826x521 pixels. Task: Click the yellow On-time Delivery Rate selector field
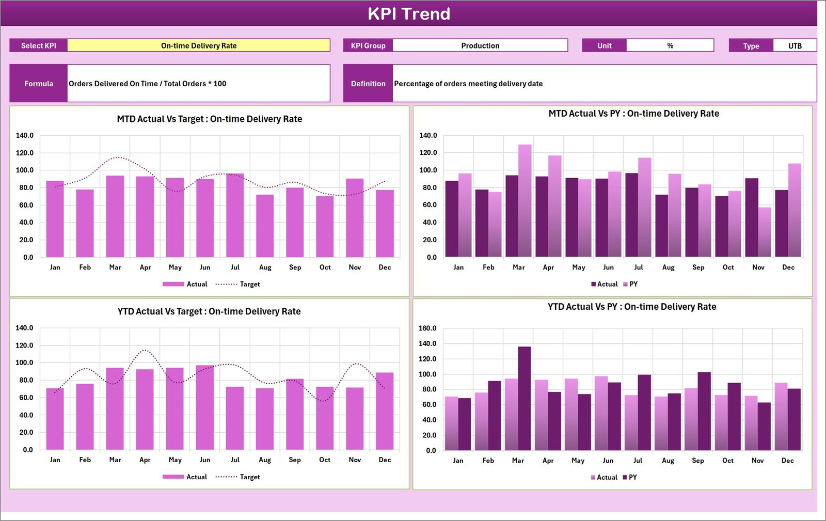(199, 45)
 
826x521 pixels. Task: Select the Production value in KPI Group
(480, 45)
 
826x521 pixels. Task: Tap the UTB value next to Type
(795, 46)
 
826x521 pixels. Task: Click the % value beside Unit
(670, 45)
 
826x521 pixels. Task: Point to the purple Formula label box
(39, 83)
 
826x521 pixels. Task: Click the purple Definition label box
(368, 83)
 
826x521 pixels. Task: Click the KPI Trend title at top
(408, 13)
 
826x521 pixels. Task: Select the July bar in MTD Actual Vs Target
(235, 217)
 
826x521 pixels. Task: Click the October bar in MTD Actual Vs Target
(325, 227)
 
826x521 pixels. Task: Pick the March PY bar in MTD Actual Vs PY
(525, 201)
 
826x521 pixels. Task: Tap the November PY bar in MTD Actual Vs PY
(765, 232)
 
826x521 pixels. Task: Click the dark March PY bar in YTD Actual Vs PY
(525, 398)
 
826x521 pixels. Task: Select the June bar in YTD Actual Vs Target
(205, 408)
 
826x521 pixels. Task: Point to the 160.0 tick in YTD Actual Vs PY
(427, 328)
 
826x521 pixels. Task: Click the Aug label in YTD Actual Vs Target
(265, 460)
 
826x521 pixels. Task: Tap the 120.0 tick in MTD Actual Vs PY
(428, 152)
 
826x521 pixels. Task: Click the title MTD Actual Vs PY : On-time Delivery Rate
(633, 114)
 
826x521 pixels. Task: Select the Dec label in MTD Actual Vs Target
(385, 267)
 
